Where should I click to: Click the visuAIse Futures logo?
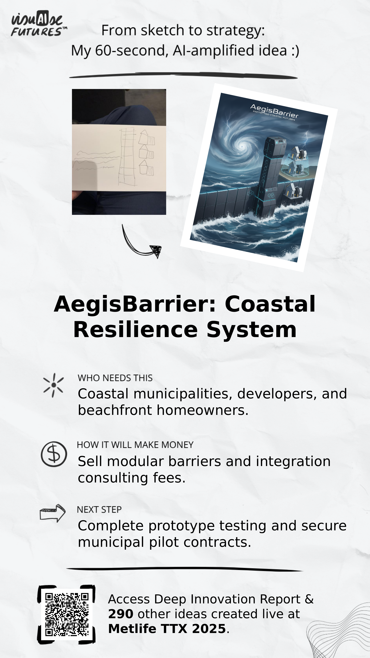tap(39, 24)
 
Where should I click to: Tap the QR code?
tap(67, 614)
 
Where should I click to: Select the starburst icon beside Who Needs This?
tap(53, 385)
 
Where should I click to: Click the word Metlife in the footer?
tap(132, 629)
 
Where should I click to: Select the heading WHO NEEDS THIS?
tap(115, 378)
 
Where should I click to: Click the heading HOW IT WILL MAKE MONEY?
tap(135, 445)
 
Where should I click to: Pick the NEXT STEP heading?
tap(99, 510)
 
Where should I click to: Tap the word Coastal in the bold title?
tap(270, 304)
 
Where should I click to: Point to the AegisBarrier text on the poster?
tap(274, 111)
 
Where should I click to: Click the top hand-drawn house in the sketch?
tap(147, 138)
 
